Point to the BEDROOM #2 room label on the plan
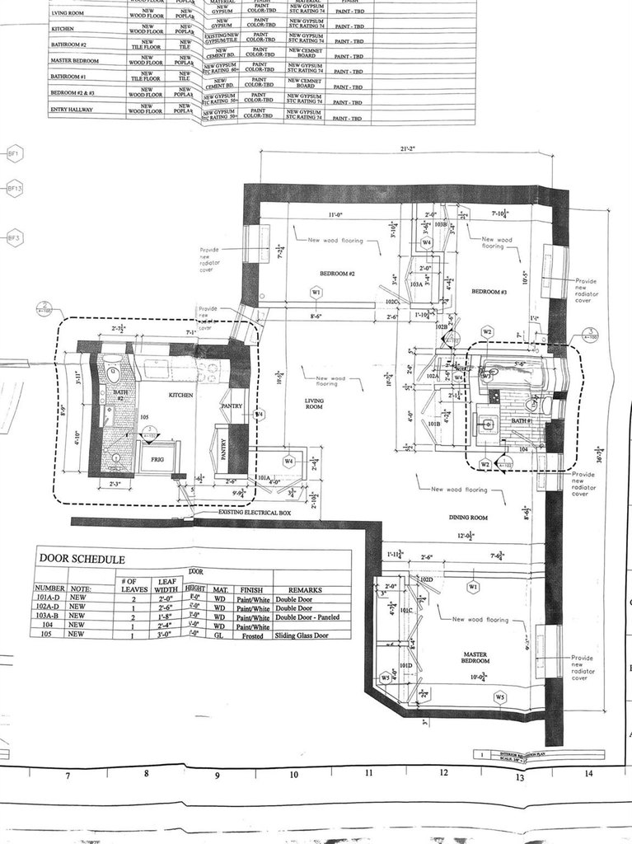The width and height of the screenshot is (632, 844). [x=337, y=273]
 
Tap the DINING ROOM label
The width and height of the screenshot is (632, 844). [x=468, y=517]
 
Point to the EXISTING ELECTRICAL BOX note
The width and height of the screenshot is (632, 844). [x=255, y=513]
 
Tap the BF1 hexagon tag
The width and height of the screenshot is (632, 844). [x=14, y=153]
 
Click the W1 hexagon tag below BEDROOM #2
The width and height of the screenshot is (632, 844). [x=316, y=293]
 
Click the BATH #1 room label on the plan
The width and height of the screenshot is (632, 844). [x=522, y=420]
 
